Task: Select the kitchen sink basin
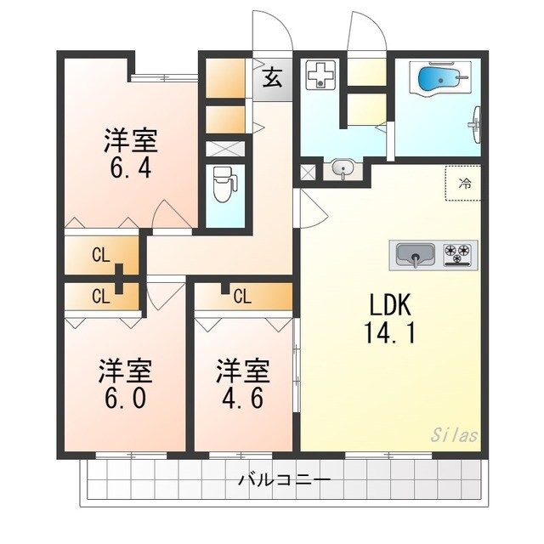[x=413, y=254]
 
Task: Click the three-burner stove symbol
[x=459, y=253]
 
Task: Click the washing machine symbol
[x=321, y=76]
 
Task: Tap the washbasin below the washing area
[x=343, y=167]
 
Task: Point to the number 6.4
[x=132, y=167]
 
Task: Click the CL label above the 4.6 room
[x=241, y=297]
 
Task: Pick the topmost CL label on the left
[x=100, y=255]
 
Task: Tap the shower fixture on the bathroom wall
[x=475, y=122]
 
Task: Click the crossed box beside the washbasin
[x=308, y=171]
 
